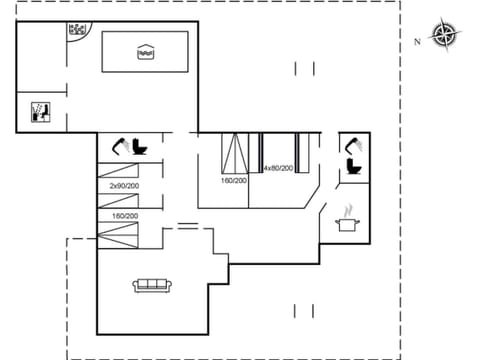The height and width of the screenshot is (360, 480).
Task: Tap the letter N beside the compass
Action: click(x=417, y=42)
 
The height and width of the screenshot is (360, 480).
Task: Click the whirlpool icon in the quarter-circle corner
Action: click(x=77, y=30)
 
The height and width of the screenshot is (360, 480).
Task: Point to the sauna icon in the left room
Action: click(x=41, y=110)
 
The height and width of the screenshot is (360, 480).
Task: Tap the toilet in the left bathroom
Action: click(x=140, y=147)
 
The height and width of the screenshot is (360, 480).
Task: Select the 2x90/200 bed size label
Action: click(x=124, y=187)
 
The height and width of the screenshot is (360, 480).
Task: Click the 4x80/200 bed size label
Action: click(x=278, y=168)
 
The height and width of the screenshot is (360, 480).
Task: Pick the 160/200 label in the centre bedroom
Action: click(x=235, y=181)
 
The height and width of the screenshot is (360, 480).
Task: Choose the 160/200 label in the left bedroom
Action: click(x=124, y=216)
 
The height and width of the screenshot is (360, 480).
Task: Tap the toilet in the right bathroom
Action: click(x=354, y=167)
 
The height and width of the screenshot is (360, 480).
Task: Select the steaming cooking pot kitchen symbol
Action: click(x=347, y=221)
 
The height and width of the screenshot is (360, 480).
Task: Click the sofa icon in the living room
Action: click(x=153, y=286)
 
